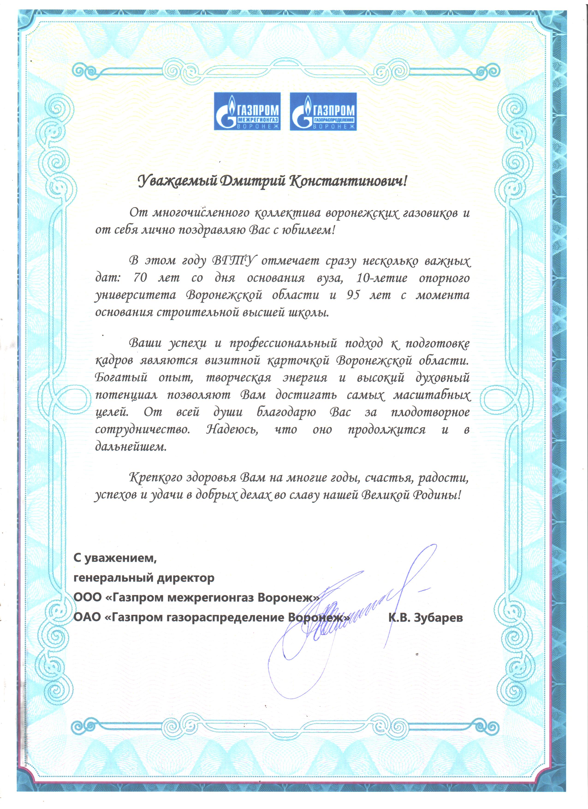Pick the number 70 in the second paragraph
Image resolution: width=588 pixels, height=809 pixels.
pyautogui.click(x=140, y=278)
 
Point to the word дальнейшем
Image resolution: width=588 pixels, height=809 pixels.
pyautogui.click(x=131, y=447)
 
